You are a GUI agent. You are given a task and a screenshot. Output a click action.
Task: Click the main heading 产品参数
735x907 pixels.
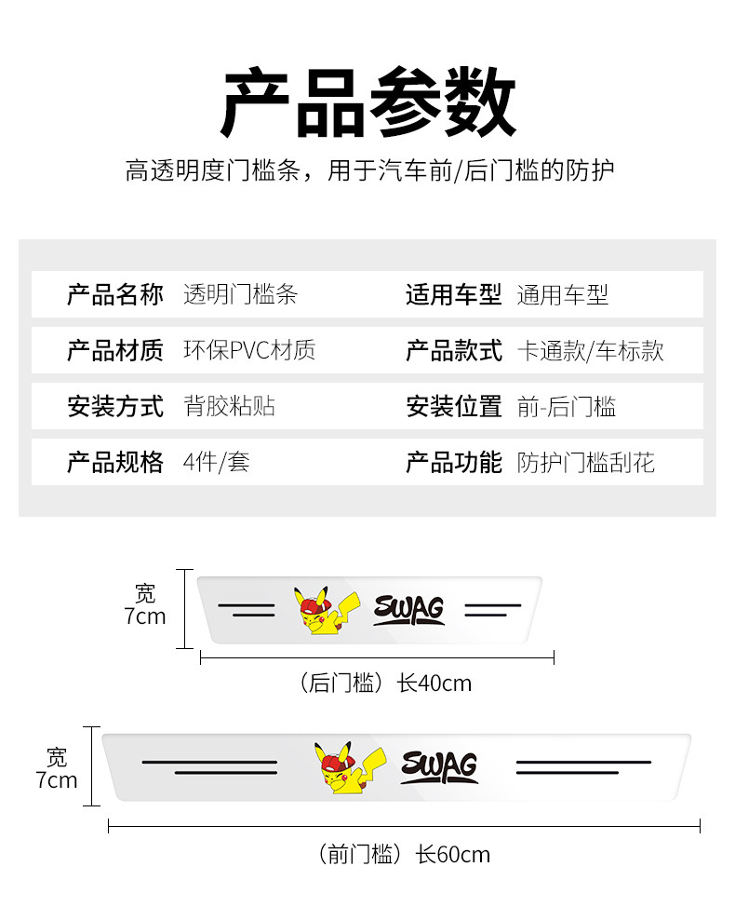pyautogui.click(x=367, y=102)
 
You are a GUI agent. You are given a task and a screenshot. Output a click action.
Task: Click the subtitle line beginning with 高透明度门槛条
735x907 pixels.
pyautogui.click(x=369, y=170)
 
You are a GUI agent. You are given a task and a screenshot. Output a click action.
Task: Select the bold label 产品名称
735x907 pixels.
pyautogui.click(x=115, y=294)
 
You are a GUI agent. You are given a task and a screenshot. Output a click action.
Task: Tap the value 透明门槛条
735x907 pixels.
pyautogui.click(x=240, y=294)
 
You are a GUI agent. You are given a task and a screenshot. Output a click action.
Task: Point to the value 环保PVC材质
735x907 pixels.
pyautogui.click(x=249, y=350)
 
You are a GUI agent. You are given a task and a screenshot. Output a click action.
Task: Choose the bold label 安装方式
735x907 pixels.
pyautogui.click(x=115, y=406)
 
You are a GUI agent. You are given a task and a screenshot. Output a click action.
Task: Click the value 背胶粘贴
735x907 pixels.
pyautogui.click(x=229, y=406)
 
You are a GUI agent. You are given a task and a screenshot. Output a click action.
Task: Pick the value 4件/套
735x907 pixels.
pyautogui.click(x=216, y=462)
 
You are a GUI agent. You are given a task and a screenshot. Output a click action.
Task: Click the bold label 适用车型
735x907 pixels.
pyautogui.click(x=454, y=294)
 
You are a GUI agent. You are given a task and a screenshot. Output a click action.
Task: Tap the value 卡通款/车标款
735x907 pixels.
pyautogui.click(x=590, y=350)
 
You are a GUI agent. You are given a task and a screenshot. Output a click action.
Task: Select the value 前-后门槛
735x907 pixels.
pyautogui.click(x=567, y=406)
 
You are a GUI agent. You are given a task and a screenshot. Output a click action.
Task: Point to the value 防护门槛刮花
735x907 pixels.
pyautogui.click(x=585, y=462)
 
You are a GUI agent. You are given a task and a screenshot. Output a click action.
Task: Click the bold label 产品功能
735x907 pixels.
pyautogui.click(x=454, y=462)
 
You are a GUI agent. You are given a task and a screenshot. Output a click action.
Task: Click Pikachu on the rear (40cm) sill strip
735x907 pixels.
pyautogui.click(x=326, y=611)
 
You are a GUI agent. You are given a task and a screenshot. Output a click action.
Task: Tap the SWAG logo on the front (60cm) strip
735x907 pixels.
pyautogui.click(x=439, y=767)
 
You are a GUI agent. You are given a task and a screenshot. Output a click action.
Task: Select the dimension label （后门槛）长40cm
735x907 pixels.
pyautogui.click(x=383, y=684)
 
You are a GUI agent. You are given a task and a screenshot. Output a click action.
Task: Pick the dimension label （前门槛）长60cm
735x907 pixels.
pyautogui.click(x=403, y=854)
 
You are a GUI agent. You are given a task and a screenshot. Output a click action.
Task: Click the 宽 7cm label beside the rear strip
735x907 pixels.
pyautogui.click(x=144, y=605)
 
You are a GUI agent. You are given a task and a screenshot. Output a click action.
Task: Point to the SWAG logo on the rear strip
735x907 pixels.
pyautogui.click(x=409, y=610)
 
